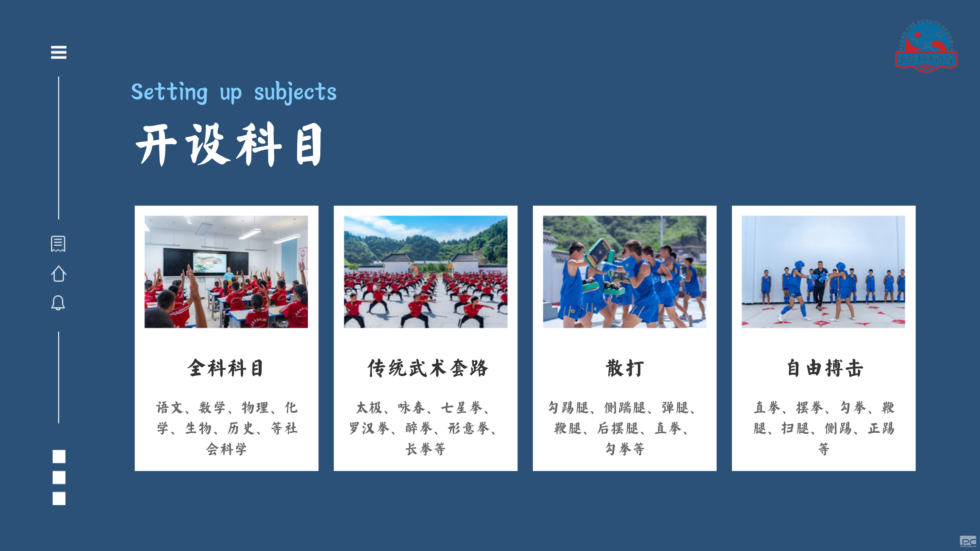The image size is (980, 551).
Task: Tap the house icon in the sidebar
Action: (59, 273)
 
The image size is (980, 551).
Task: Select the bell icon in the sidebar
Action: (58, 303)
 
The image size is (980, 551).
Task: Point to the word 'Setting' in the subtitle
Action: (169, 92)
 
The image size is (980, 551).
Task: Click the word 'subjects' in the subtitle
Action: (295, 92)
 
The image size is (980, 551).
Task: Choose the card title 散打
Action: (625, 368)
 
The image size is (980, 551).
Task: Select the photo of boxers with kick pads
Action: (625, 272)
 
